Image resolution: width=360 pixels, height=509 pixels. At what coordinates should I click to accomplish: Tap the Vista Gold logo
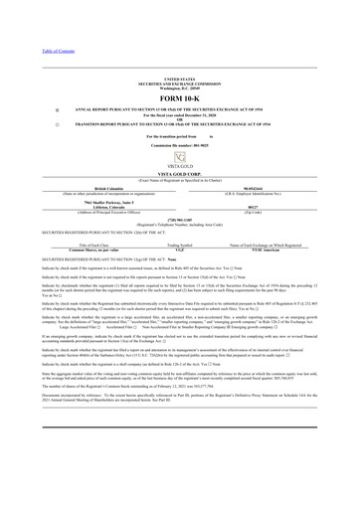(179, 157)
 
